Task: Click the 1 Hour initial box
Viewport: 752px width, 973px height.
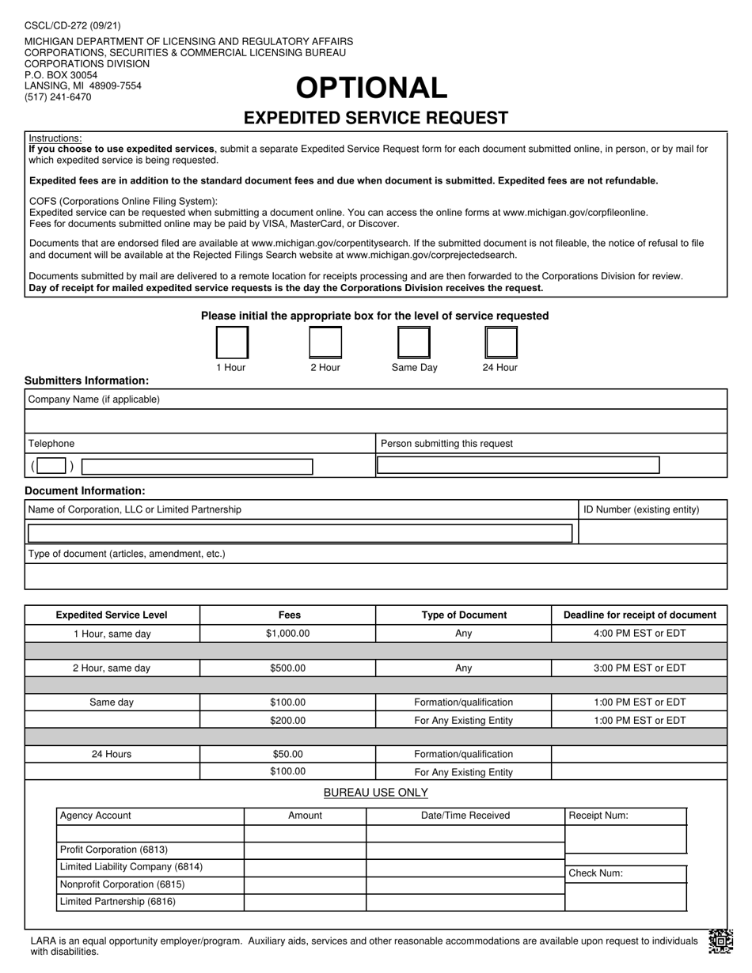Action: point(232,343)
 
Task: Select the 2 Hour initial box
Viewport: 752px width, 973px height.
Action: point(325,343)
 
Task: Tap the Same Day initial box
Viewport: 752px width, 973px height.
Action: point(414,343)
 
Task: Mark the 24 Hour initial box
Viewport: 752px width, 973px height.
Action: point(500,343)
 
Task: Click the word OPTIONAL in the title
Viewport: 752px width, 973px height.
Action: point(372,88)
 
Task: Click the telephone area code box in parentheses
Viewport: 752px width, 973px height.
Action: point(51,466)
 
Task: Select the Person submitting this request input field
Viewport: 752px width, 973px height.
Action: point(518,465)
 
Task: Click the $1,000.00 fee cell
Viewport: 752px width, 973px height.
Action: point(287,634)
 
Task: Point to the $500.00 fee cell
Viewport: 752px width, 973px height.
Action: point(287,668)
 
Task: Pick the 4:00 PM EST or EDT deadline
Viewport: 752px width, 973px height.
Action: point(640,634)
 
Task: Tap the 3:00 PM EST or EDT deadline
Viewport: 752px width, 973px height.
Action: point(640,668)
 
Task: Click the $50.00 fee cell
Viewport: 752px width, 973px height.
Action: point(287,755)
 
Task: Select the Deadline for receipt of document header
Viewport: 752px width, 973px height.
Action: point(640,615)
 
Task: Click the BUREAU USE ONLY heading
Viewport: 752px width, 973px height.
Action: point(376,793)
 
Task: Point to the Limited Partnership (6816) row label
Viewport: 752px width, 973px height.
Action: point(118,902)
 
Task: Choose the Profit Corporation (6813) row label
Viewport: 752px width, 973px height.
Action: point(114,850)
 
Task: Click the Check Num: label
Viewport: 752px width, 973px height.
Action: point(596,874)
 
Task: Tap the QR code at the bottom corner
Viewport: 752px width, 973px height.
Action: point(720,940)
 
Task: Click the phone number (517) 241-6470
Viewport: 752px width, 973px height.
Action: point(58,97)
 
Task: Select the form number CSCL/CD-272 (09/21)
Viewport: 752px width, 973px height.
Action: point(73,26)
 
